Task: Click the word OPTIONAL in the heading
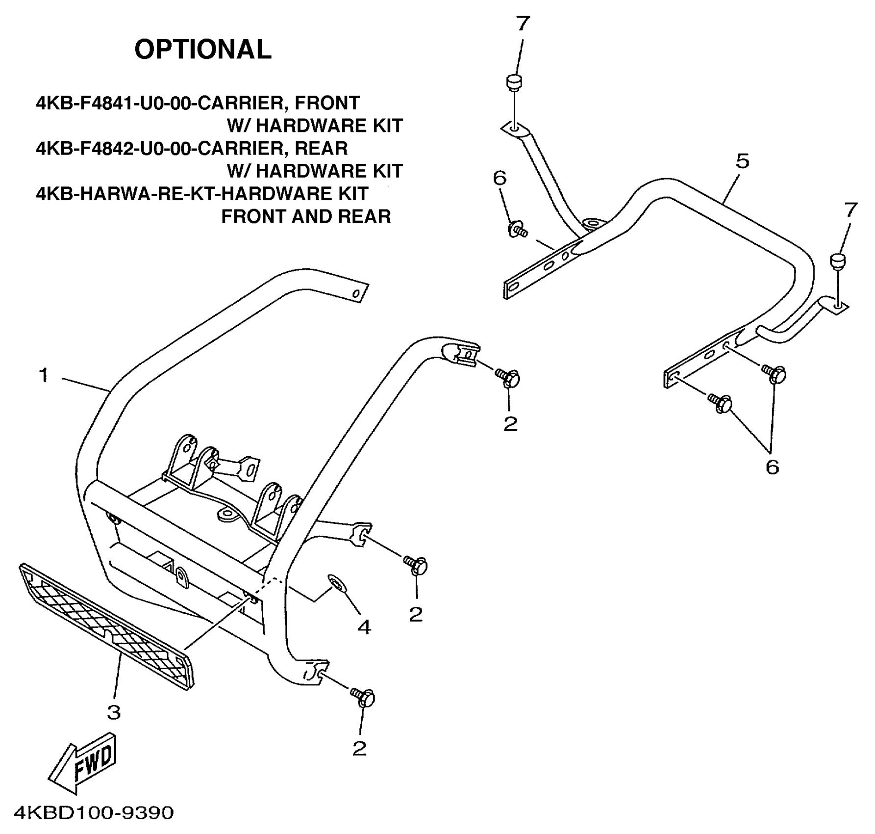[x=202, y=50]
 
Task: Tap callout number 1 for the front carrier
[x=44, y=376]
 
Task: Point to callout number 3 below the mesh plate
[x=114, y=712]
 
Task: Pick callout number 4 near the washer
[x=364, y=627]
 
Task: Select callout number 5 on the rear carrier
[x=742, y=161]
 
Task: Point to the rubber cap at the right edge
[x=838, y=260]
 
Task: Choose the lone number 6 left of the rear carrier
[x=500, y=179]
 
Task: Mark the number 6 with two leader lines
[x=772, y=467]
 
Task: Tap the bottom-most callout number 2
[x=359, y=748]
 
